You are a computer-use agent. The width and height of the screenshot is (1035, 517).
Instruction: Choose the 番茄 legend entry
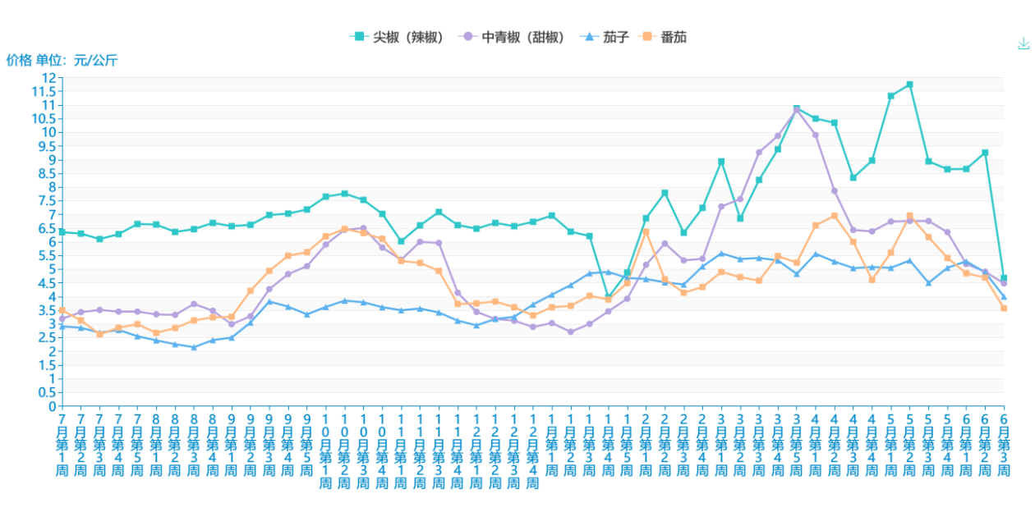665,37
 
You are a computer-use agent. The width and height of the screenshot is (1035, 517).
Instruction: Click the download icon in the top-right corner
1023,43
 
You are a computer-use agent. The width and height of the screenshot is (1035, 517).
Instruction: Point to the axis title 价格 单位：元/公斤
62,60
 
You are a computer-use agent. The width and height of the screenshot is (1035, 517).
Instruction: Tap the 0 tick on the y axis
52,406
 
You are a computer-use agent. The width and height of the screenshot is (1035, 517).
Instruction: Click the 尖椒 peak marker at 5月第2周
909,85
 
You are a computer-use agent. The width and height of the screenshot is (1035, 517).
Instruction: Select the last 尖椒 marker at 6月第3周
1004,278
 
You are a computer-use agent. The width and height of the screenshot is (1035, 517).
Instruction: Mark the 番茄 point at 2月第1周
646,231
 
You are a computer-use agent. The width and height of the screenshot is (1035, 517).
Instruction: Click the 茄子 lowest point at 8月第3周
194,347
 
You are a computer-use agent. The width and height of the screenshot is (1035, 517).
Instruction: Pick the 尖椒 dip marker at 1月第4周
608,296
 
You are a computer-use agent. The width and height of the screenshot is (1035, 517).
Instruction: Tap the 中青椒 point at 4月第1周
815,135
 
